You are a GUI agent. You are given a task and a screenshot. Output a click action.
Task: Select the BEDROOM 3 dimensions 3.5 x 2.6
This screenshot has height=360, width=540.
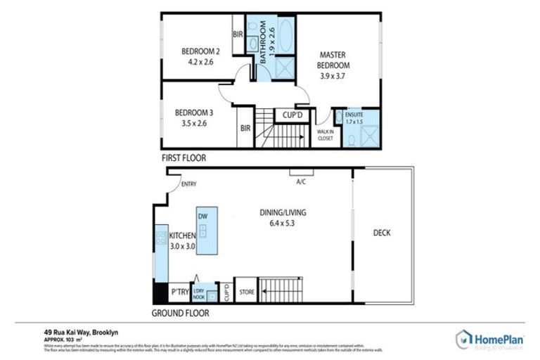(x=194, y=123)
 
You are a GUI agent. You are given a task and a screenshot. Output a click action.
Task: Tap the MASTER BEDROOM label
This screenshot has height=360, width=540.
(x=335, y=60)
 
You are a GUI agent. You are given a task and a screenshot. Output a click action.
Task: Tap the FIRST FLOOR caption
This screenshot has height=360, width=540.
(x=184, y=158)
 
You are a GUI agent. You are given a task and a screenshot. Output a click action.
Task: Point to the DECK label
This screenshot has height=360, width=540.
(x=382, y=233)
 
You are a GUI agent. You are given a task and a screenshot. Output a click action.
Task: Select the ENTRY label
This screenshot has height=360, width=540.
(x=188, y=184)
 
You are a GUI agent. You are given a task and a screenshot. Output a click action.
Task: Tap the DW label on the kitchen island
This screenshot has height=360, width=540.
(x=203, y=217)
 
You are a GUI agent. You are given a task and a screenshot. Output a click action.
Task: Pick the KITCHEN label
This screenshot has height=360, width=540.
(x=181, y=236)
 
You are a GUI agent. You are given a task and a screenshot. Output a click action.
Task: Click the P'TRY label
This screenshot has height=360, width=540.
(x=179, y=291)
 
